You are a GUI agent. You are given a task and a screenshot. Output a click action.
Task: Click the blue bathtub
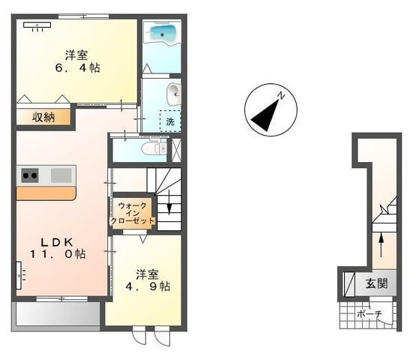(162, 34)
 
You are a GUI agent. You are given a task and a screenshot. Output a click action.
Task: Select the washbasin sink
(174, 94)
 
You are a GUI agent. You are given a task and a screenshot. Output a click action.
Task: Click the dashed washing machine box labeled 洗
(170, 121)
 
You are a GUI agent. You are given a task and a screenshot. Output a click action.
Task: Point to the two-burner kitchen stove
(30, 175)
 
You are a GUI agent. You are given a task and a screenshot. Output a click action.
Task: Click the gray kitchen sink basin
(61, 175)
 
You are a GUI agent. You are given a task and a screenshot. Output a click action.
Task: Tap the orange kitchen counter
(46, 193)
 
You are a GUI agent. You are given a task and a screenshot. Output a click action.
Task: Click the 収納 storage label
(43, 117)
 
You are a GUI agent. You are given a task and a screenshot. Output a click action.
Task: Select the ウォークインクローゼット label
(133, 213)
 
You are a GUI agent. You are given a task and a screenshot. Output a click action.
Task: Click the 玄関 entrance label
(377, 283)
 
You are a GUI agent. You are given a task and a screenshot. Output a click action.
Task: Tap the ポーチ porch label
(370, 314)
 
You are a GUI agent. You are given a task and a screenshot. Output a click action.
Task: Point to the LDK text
(56, 242)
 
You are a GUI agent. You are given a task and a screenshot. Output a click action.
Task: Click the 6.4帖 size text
(77, 68)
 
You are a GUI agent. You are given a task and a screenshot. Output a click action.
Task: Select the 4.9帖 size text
(148, 286)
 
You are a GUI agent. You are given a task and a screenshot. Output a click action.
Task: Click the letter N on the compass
(282, 95)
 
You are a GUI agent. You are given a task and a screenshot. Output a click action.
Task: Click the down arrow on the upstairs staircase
(169, 202)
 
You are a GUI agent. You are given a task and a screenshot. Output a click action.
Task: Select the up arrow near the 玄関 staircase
(381, 244)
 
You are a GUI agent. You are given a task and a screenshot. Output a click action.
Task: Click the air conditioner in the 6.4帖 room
(37, 25)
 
